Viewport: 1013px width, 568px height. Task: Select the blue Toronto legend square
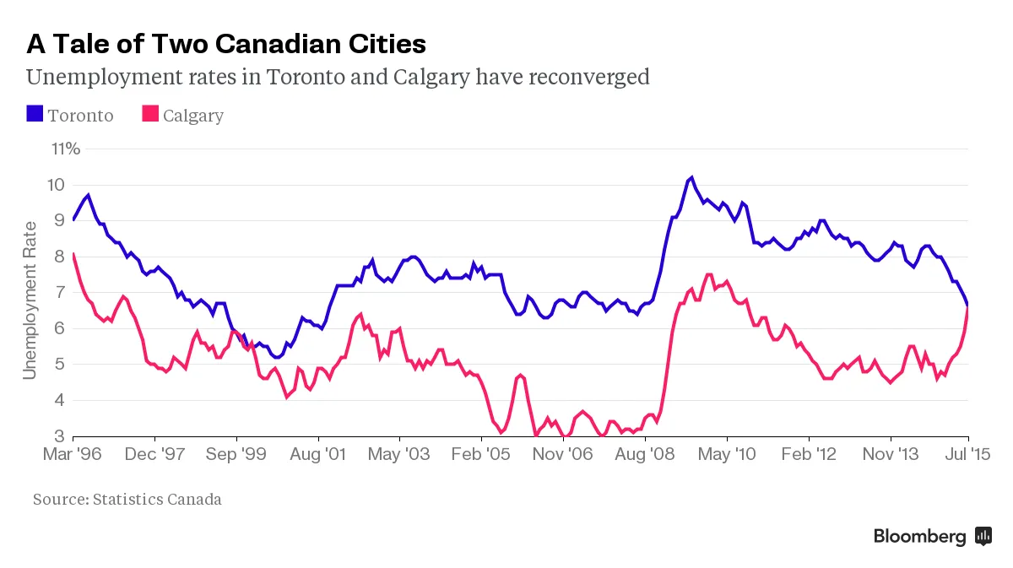click(x=35, y=114)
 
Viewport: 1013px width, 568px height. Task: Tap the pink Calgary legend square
click(x=150, y=114)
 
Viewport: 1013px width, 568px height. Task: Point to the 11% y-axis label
click(x=66, y=149)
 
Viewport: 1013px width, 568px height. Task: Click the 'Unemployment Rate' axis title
click(x=30, y=300)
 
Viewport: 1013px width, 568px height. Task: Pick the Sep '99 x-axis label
click(x=237, y=455)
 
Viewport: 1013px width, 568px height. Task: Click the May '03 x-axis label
click(x=401, y=455)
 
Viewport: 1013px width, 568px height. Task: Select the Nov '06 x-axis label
click(x=563, y=455)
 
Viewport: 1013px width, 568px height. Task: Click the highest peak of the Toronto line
click(x=691, y=177)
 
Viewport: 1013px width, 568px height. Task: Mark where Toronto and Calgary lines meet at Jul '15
click(x=967, y=306)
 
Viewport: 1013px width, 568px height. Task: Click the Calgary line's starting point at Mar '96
click(x=74, y=254)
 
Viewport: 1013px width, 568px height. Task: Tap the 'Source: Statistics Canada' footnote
click(x=127, y=499)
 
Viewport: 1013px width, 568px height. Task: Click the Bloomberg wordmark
click(x=919, y=536)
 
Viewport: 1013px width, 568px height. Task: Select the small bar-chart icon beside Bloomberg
click(x=983, y=535)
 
